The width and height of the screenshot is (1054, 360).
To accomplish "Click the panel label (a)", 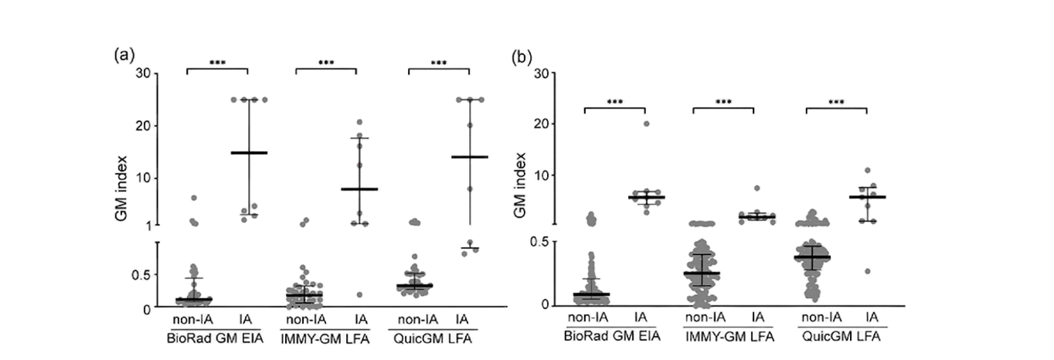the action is (x=124, y=55).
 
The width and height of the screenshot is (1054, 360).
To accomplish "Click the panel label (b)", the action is (x=522, y=57).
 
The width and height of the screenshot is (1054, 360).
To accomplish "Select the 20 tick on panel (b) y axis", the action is (x=542, y=124).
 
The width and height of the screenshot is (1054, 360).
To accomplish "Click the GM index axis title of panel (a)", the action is (x=121, y=188).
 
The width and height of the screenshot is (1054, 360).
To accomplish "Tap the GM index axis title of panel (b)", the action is (x=519, y=185).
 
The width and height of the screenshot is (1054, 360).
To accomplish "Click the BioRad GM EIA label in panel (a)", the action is (x=215, y=338).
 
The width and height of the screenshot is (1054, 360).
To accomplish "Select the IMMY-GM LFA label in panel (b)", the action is (x=729, y=337).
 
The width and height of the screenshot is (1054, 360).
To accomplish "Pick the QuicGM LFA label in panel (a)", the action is (x=433, y=338).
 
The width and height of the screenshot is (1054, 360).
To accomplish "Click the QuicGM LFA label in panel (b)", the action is (x=841, y=337).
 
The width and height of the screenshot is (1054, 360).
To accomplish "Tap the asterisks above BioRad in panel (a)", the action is (x=217, y=63).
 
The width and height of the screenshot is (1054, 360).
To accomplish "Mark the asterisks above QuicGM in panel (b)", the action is (x=836, y=102).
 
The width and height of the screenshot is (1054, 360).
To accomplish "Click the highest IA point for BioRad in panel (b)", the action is (x=647, y=124).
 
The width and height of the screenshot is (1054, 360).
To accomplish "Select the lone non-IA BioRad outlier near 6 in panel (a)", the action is (x=194, y=198).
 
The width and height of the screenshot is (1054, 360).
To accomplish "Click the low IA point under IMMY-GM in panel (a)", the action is (x=359, y=294).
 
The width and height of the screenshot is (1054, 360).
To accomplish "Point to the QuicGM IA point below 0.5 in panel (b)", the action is (x=868, y=271).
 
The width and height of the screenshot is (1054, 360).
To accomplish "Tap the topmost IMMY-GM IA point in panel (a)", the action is (x=359, y=122).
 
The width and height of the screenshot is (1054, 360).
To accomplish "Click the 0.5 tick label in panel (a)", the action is (x=141, y=275).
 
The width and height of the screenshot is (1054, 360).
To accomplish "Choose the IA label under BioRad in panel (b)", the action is (x=641, y=318).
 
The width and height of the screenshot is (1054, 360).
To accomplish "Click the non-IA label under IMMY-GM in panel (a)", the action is (x=306, y=320).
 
